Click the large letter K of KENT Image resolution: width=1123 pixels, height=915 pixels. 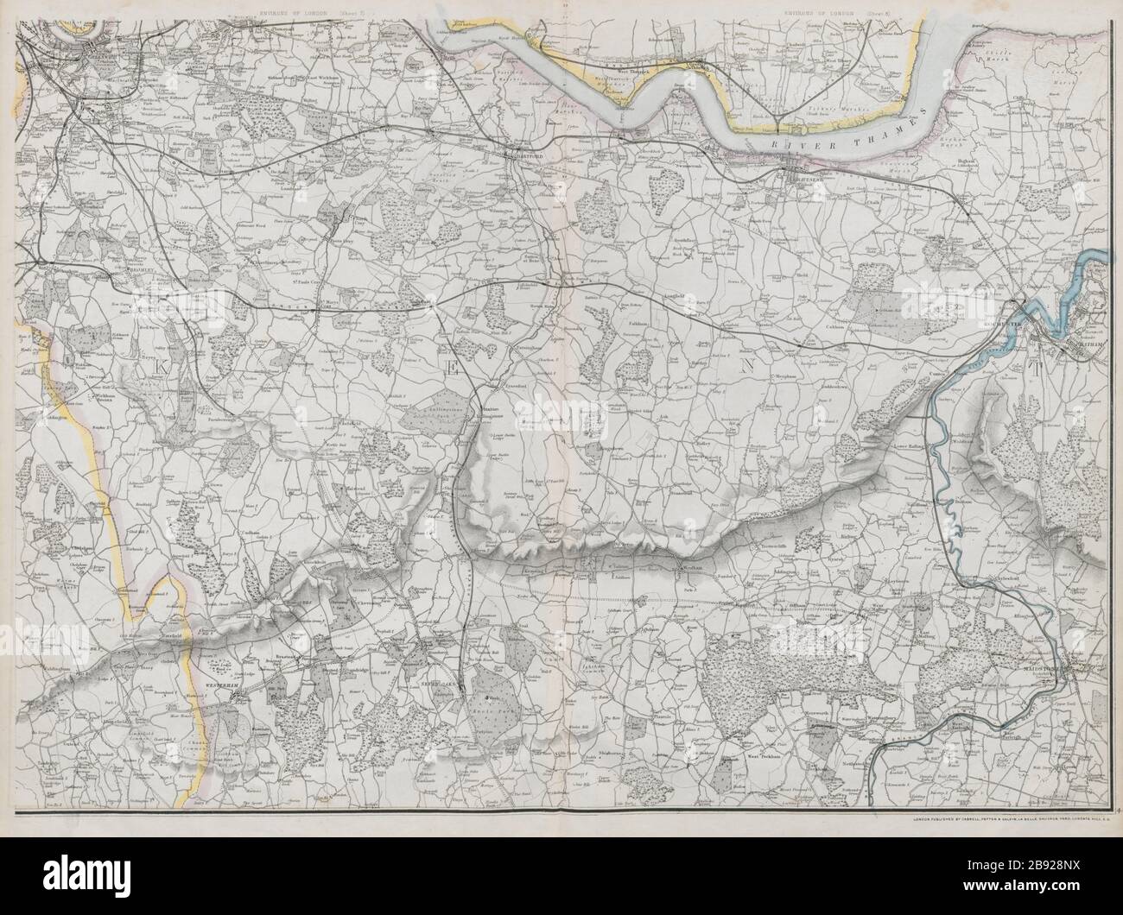pos(160,368)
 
